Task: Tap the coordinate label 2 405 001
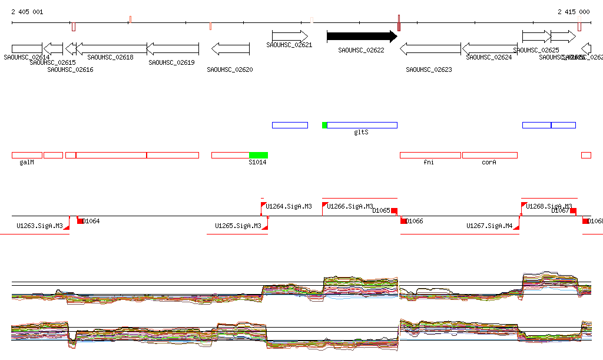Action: (x=27, y=12)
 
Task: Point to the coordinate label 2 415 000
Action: (x=574, y=12)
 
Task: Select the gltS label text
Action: (x=361, y=132)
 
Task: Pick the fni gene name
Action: (x=429, y=162)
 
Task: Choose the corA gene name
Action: (x=489, y=162)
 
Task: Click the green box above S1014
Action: (x=259, y=155)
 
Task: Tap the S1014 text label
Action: (x=257, y=162)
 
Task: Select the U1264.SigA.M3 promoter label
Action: (x=289, y=207)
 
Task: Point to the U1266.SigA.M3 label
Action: (x=350, y=207)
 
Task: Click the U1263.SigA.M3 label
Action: (x=39, y=226)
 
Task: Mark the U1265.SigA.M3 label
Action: (x=238, y=226)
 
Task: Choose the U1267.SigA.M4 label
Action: (x=489, y=226)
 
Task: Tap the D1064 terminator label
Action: (x=91, y=222)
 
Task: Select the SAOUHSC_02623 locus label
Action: (x=429, y=70)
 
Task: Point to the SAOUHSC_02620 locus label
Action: (x=230, y=70)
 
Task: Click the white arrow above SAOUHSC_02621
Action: (x=290, y=36)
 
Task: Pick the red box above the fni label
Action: (x=430, y=155)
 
